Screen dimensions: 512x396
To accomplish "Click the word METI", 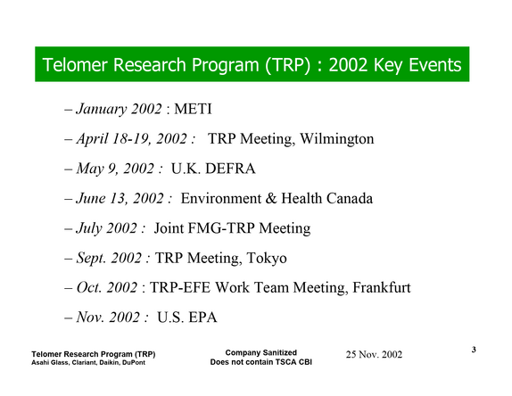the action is (193, 109).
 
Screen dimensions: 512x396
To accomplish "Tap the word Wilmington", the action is (337, 139).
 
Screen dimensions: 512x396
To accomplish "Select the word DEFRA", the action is (230, 169).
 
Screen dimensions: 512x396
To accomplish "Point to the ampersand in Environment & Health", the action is (271, 199).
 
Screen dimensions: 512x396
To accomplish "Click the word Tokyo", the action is (267, 259).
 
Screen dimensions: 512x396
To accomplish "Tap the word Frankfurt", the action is (382, 287).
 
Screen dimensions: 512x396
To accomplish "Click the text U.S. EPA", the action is (187, 318).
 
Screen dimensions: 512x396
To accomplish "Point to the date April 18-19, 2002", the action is (132, 139).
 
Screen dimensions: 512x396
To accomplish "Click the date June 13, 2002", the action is (120, 199).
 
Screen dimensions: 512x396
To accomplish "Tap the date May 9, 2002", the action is (115, 169).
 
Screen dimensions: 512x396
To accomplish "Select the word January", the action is (101, 110).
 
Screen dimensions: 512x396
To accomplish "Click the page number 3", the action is (474, 350).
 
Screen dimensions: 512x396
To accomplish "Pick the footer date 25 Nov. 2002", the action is (374, 355).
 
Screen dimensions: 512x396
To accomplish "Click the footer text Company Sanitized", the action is (260, 352).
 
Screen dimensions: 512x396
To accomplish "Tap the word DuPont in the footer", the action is (134, 363).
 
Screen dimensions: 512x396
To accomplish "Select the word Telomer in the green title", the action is (75, 64).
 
